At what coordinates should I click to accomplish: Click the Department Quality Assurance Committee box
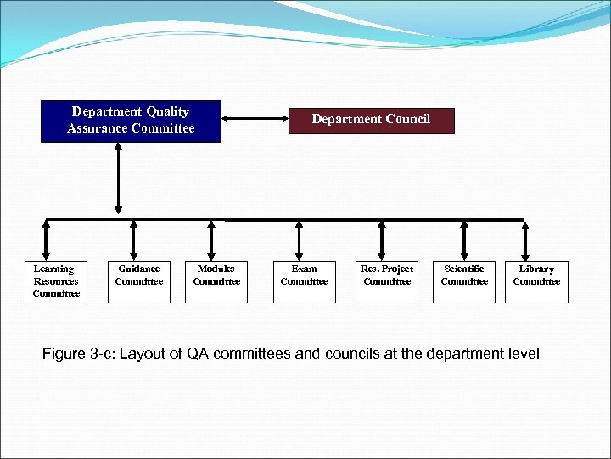click(131, 121)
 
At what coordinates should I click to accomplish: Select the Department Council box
click(371, 120)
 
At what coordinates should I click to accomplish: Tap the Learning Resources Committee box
click(56, 281)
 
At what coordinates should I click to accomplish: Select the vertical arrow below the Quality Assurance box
click(118, 178)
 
